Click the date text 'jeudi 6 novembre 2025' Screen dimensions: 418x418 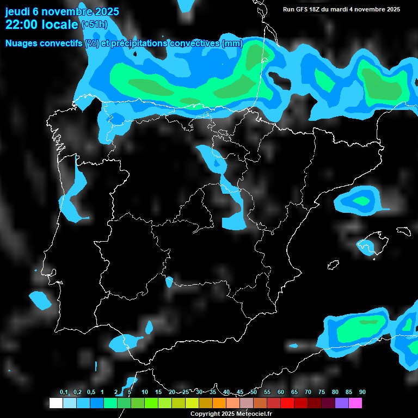[62, 11]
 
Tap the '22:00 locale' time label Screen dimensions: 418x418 [41, 24]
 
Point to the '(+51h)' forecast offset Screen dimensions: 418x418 [94, 24]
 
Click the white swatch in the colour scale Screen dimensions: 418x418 [56, 403]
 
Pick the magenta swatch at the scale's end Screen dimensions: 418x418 [355, 403]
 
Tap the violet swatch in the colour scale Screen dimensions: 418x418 [342, 403]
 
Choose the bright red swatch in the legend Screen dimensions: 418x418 [287, 403]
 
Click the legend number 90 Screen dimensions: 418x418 [362, 392]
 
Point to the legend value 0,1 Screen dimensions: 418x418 [64, 392]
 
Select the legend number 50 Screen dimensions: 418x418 [254, 392]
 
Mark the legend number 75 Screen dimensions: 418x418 [322, 392]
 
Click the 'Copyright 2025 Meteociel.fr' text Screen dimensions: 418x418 [231, 414]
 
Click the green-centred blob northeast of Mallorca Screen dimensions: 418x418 [360, 200]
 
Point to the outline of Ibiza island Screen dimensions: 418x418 [333, 265]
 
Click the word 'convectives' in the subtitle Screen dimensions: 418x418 [195, 44]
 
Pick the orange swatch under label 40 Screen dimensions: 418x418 [219, 403]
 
